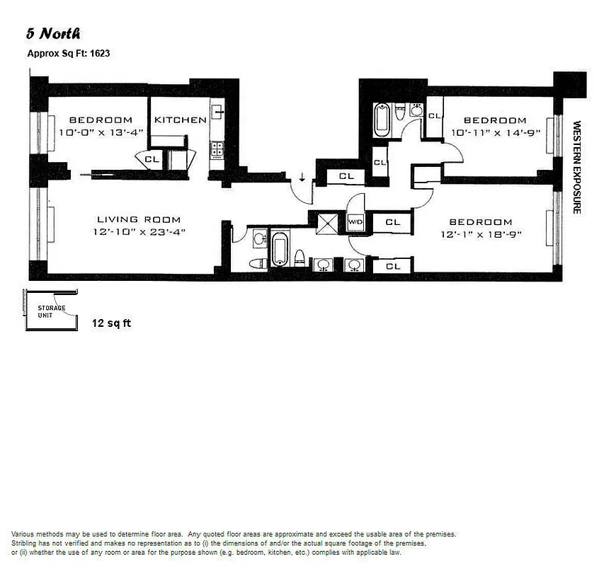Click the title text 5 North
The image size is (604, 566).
point(53,33)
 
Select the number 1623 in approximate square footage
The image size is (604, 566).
point(98,52)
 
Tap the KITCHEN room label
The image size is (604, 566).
point(181,120)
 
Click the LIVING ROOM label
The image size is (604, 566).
point(139,219)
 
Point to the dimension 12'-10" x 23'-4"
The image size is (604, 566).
point(139,231)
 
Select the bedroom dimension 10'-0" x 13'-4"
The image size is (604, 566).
point(101,132)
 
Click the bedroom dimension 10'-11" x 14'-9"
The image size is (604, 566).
point(496,132)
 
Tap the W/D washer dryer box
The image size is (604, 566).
point(355,222)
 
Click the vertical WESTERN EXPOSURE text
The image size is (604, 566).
point(576,167)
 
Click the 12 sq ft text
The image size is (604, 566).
point(111,323)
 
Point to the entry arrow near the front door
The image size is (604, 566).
point(302,176)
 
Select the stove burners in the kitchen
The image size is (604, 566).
point(216,149)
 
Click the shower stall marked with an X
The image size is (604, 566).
point(327,223)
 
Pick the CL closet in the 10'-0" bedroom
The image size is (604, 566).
point(152,159)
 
